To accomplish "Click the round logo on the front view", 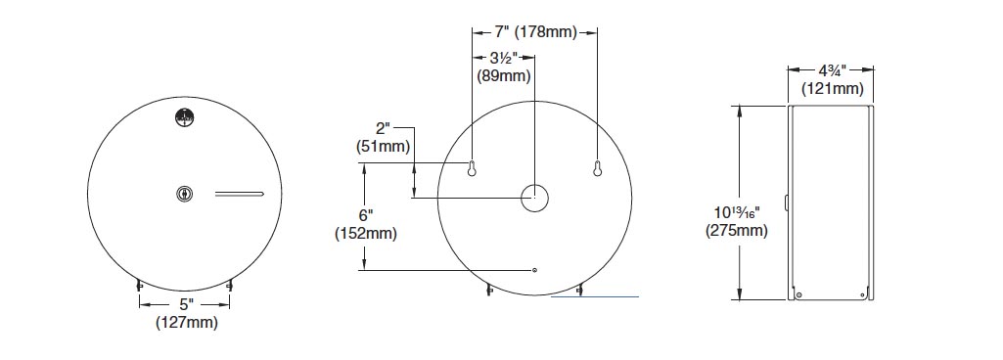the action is pyautogui.click(x=184, y=118).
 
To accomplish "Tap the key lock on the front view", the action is pyautogui.click(x=185, y=194).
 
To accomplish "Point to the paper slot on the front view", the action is pyautogui.click(x=239, y=194).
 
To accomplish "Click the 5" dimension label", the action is pyautogui.click(x=185, y=305).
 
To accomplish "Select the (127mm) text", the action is pyautogui.click(x=187, y=323).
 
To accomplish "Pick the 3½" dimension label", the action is pyautogui.click(x=504, y=58).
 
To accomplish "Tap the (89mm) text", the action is pyautogui.click(x=504, y=76).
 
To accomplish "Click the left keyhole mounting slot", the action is pyautogui.click(x=472, y=167).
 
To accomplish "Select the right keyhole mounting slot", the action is pyautogui.click(x=598, y=167).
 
